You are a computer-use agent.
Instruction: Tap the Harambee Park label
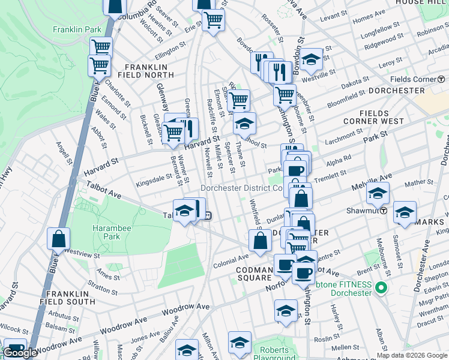tap(106, 232)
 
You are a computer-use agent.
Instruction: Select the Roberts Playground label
tap(274, 354)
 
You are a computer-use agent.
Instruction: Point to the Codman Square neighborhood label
tap(253, 273)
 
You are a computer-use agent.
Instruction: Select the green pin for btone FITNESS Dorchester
tap(379, 289)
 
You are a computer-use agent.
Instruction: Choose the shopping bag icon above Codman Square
tap(260, 241)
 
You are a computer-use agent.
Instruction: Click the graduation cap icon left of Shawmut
tap(378, 194)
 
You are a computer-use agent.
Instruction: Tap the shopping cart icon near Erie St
tap(213, 20)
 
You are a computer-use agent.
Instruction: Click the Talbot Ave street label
tap(104, 191)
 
